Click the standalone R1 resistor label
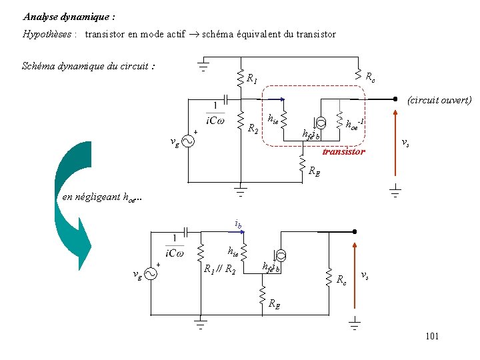click(x=252, y=79)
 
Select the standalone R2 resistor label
click(x=253, y=128)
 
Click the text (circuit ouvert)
click(x=438, y=100)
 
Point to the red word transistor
click(x=343, y=152)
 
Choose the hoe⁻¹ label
click(x=357, y=123)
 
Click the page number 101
click(x=431, y=336)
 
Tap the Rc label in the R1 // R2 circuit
click(x=341, y=279)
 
